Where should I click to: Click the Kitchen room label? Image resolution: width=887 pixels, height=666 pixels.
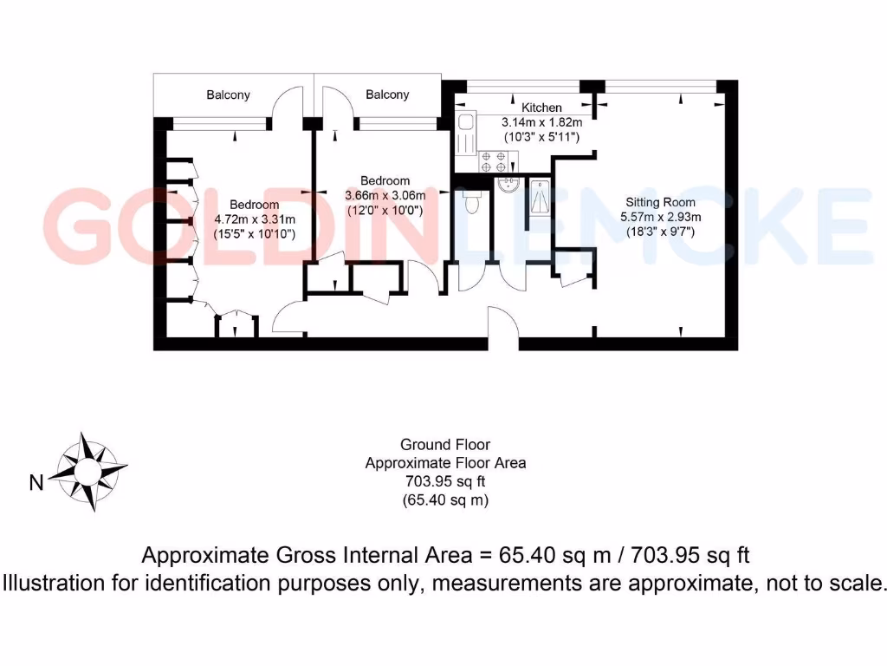542,108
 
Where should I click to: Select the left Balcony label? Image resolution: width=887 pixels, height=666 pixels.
228,95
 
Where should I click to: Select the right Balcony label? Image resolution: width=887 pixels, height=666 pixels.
387,95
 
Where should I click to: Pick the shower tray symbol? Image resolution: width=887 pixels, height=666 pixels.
539,196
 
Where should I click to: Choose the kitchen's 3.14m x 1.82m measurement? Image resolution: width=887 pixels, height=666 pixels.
542,122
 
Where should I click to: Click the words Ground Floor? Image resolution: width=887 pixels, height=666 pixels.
445,446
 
